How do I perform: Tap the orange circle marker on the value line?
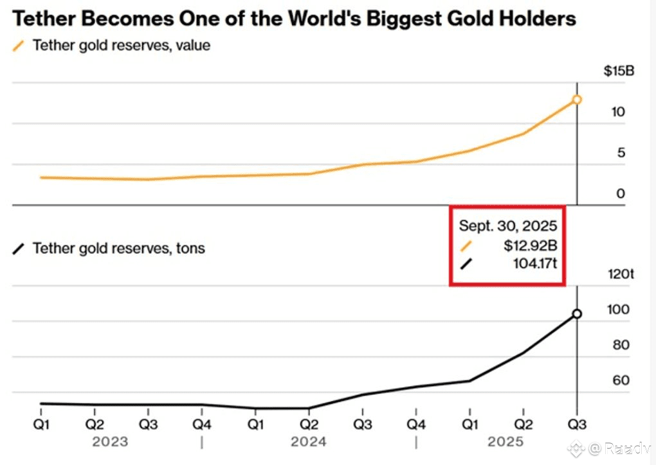click(577, 100)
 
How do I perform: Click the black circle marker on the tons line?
click(577, 313)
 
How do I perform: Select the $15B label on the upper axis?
click(619, 71)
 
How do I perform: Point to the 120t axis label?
click(621, 274)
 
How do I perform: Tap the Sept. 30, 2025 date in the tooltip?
click(507, 226)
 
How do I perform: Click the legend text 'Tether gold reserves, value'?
click(121, 46)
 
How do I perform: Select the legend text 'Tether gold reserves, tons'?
click(118, 248)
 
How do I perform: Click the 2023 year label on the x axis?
click(110, 442)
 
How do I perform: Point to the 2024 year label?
click(308, 442)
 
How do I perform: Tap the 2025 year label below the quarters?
click(506, 442)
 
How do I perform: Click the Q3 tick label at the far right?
click(576, 425)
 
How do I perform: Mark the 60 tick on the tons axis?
click(620, 381)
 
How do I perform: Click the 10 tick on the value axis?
click(618, 112)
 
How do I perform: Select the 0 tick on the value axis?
click(620, 193)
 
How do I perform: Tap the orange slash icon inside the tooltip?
click(466, 245)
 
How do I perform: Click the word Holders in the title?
click(537, 19)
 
